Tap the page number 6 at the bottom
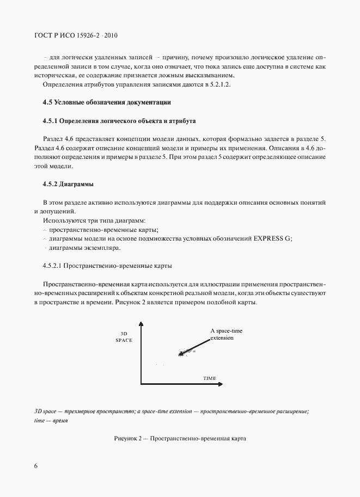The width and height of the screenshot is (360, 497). [35, 466]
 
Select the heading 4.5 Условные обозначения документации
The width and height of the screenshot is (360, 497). [107, 102]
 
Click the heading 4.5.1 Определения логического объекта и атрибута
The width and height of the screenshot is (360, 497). [119, 120]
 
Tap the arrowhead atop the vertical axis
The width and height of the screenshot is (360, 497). [141, 324]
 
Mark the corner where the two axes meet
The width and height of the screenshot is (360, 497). [141, 384]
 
